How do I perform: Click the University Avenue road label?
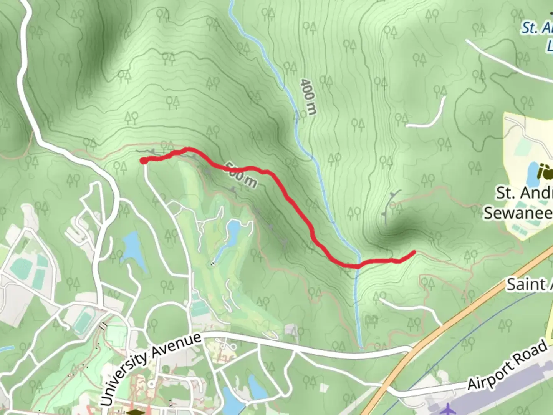151,369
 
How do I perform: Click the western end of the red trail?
143,161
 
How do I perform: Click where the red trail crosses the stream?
358,266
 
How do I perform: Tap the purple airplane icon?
448,409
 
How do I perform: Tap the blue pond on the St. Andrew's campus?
532,173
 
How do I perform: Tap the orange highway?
461,315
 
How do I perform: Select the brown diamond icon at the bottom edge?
134,412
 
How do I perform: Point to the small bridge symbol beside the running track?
103,326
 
